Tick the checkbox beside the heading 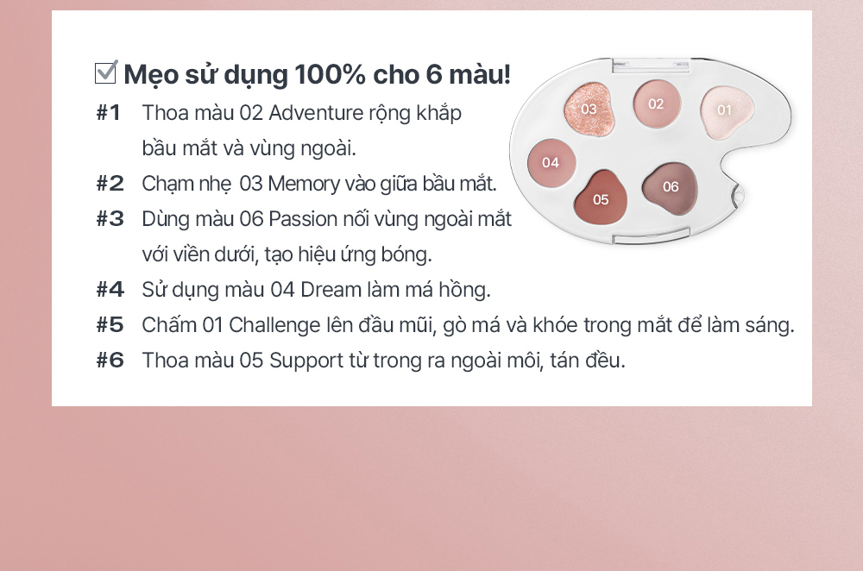tap(105, 72)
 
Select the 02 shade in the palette tap(657, 104)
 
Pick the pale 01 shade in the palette tap(726, 111)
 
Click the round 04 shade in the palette tap(551, 163)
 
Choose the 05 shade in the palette tap(601, 198)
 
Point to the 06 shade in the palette tap(670, 187)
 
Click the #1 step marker tap(109, 113)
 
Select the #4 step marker tap(110, 289)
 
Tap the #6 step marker tap(110, 361)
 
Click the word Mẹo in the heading tap(150, 75)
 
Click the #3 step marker tap(110, 219)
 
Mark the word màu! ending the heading tap(480, 74)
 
